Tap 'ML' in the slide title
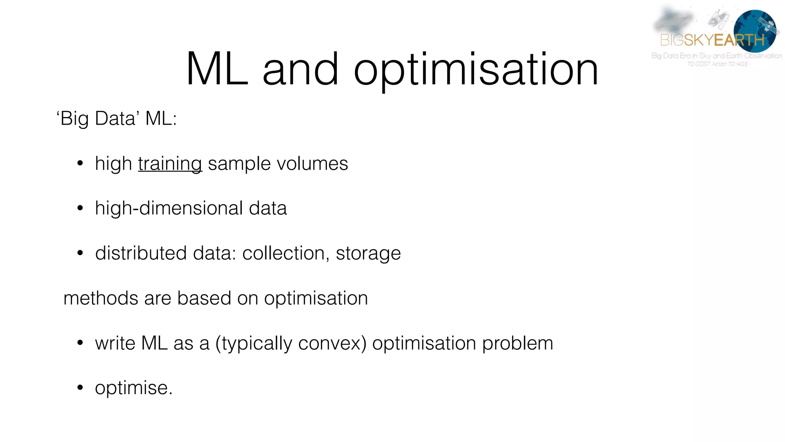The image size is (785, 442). tap(217, 69)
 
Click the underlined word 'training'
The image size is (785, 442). tap(170, 164)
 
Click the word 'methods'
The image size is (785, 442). tap(101, 299)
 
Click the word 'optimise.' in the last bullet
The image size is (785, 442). tap(134, 388)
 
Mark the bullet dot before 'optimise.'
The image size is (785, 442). tap(80, 388)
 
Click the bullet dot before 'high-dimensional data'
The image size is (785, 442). tap(80, 208)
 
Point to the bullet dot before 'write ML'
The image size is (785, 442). tap(80, 343)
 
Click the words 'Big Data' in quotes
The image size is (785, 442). tap(97, 118)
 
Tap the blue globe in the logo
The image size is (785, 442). tap(754, 31)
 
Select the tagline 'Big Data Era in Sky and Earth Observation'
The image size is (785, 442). tap(716, 56)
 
